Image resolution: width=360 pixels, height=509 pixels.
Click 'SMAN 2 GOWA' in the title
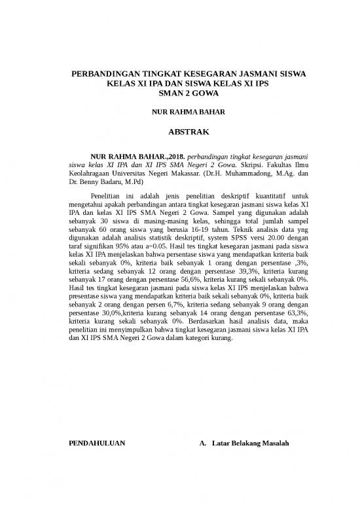179,93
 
